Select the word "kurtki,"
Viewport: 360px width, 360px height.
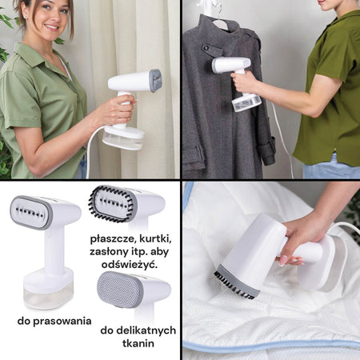pyautogui.click(x=155, y=239)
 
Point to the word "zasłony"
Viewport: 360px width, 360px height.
pyautogui.click(x=110, y=252)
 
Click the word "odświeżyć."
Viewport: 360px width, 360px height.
pyautogui.click(x=130, y=265)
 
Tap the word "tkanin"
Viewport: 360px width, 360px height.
pyautogui.click(x=138, y=343)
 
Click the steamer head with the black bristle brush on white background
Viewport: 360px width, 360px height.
pyautogui.click(x=126, y=205)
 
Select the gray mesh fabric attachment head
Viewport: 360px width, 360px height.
pyautogui.click(x=119, y=290)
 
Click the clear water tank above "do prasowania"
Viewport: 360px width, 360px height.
pyautogui.click(x=48, y=296)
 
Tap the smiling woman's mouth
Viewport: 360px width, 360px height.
pyautogui.click(x=51, y=27)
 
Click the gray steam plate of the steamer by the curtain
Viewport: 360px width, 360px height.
pyautogui.click(x=155, y=81)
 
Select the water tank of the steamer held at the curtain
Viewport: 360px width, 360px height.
pyautogui.click(x=123, y=138)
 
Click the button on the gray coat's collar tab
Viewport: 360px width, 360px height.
pyautogui.click(x=206, y=48)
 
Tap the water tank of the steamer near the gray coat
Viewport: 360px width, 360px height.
pyautogui.click(x=246, y=103)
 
